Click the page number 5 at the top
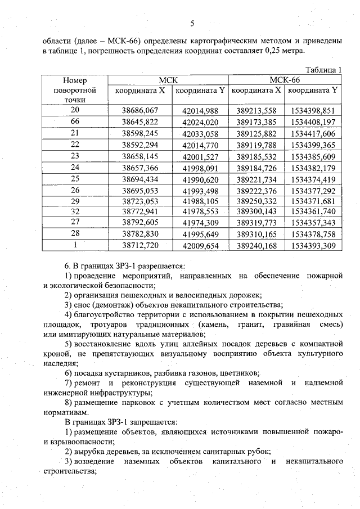click(x=192, y=23)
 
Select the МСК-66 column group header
click(x=285, y=80)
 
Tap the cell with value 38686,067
click(x=140, y=110)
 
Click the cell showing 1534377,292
click(x=313, y=190)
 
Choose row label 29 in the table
click(x=74, y=201)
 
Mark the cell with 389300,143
click(x=256, y=212)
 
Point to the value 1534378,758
click(x=313, y=234)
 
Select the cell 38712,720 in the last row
click(x=140, y=246)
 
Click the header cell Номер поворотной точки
click(x=75, y=90)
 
